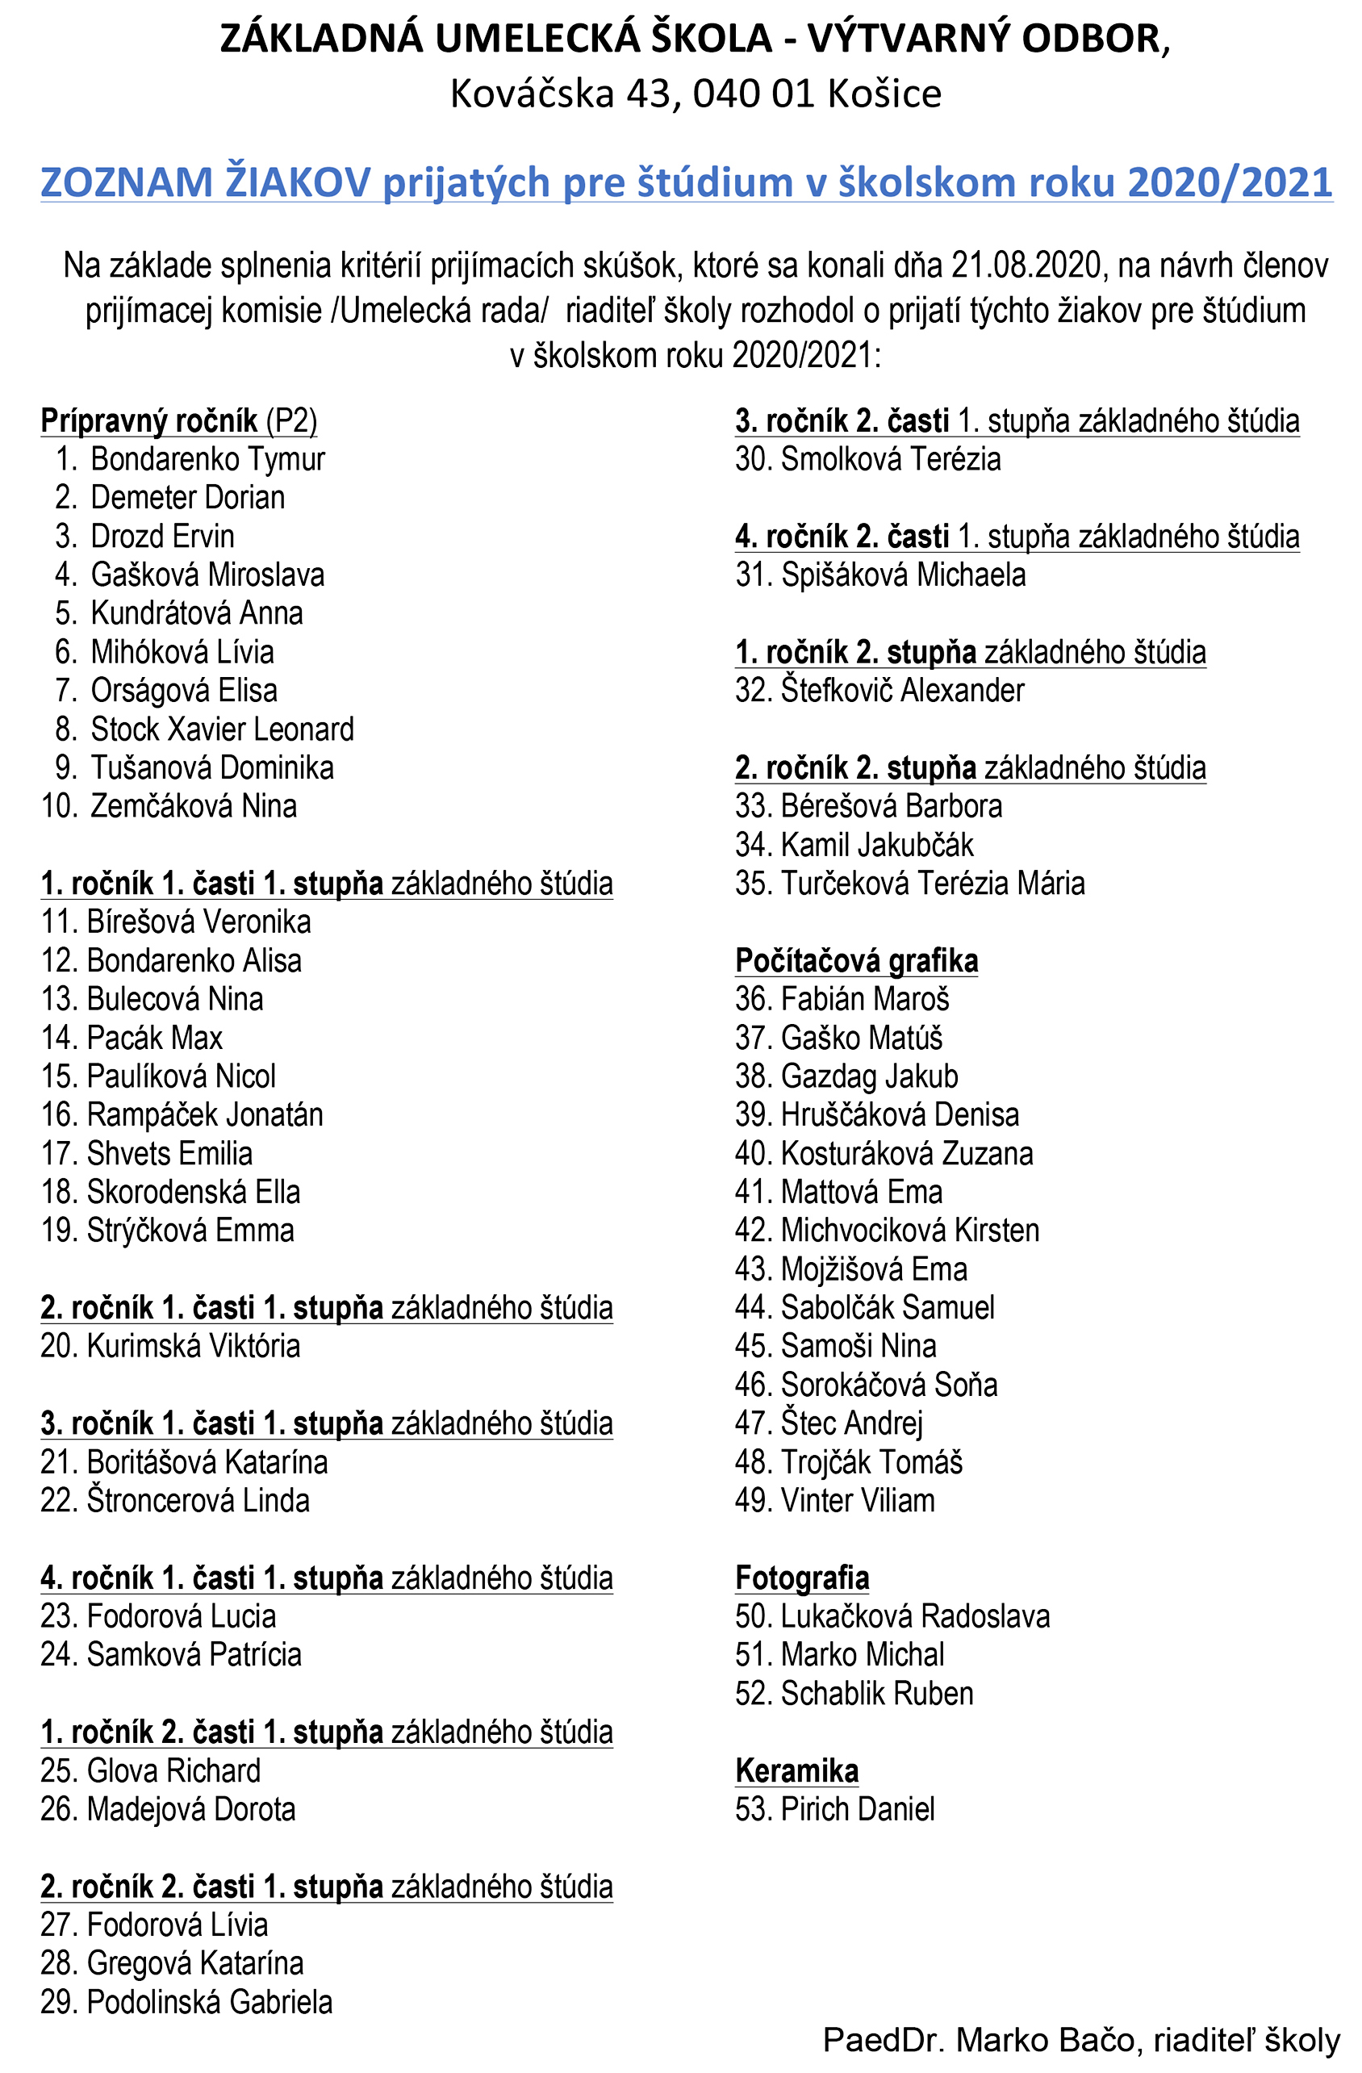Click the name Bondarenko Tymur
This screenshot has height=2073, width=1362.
click(x=207, y=459)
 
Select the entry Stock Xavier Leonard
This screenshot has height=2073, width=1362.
click(x=221, y=729)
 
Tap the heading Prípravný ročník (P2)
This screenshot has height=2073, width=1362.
click(x=178, y=420)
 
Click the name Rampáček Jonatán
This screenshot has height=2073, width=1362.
click(x=204, y=1115)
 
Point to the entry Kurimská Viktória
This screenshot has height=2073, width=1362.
click(x=193, y=1346)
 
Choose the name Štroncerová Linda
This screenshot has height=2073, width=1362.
click(x=198, y=1501)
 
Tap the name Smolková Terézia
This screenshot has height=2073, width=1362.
click(x=890, y=459)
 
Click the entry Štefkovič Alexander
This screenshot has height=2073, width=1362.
click(x=901, y=691)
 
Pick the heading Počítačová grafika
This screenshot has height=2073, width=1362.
click(x=856, y=961)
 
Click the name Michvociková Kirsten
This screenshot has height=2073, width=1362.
click(x=909, y=1231)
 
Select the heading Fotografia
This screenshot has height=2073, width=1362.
click(x=802, y=1578)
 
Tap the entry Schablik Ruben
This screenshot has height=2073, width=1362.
click(x=876, y=1693)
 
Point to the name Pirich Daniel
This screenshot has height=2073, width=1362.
click(x=857, y=1809)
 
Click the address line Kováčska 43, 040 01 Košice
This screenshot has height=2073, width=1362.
click(x=695, y=93)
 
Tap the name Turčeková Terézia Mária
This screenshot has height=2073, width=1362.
click(x=932, y=884)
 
